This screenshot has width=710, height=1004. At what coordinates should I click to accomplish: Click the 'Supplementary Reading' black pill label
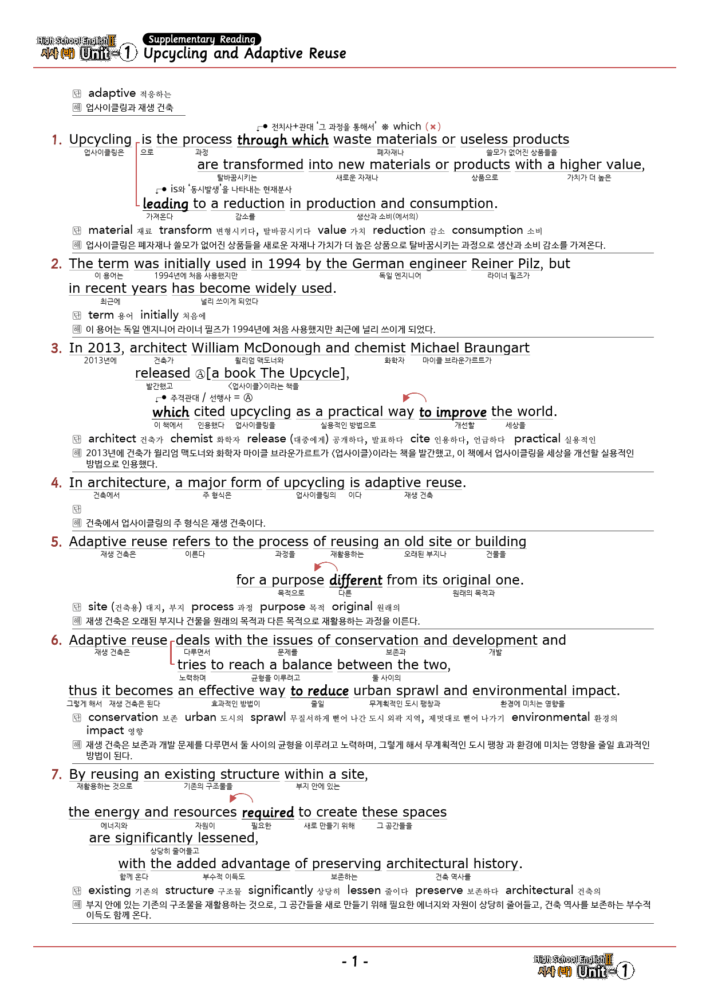[202, 39]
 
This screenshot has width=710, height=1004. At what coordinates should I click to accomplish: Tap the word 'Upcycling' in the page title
[175, 53]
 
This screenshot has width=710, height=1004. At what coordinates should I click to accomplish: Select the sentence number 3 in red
[56, 348]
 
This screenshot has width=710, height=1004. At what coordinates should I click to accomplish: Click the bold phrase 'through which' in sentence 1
[283, 140]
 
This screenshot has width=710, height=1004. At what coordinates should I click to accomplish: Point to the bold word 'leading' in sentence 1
[165, 203]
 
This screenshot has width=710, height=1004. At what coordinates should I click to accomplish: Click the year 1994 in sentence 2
[284, 264]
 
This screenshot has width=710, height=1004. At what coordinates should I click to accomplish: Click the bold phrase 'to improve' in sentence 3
[452, 412]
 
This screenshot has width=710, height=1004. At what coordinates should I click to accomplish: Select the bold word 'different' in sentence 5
[356, 580]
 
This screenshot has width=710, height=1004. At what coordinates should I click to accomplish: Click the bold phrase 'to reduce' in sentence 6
[319, 691]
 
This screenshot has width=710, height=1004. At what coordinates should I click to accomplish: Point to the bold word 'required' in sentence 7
[267, 812]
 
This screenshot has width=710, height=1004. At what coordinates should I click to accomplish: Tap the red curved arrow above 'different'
[326, 566]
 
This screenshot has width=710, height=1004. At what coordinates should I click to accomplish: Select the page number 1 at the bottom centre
[354, 961]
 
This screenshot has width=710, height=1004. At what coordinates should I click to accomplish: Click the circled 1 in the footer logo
[625, 970]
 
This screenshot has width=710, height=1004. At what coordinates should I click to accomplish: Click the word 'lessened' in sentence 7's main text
[227, 838]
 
